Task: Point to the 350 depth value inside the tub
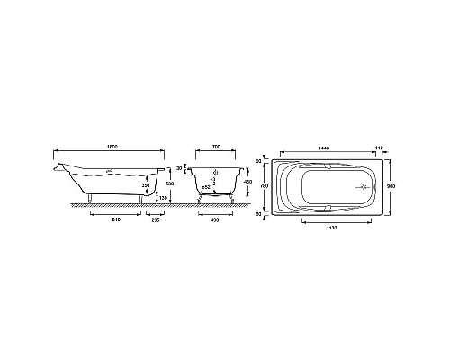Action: coord(145,187)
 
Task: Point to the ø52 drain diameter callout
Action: coord(207,196)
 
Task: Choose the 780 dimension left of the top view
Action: coord(264,187)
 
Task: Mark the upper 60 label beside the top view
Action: coord(258,162)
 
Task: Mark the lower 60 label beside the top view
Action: coord(258,214)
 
